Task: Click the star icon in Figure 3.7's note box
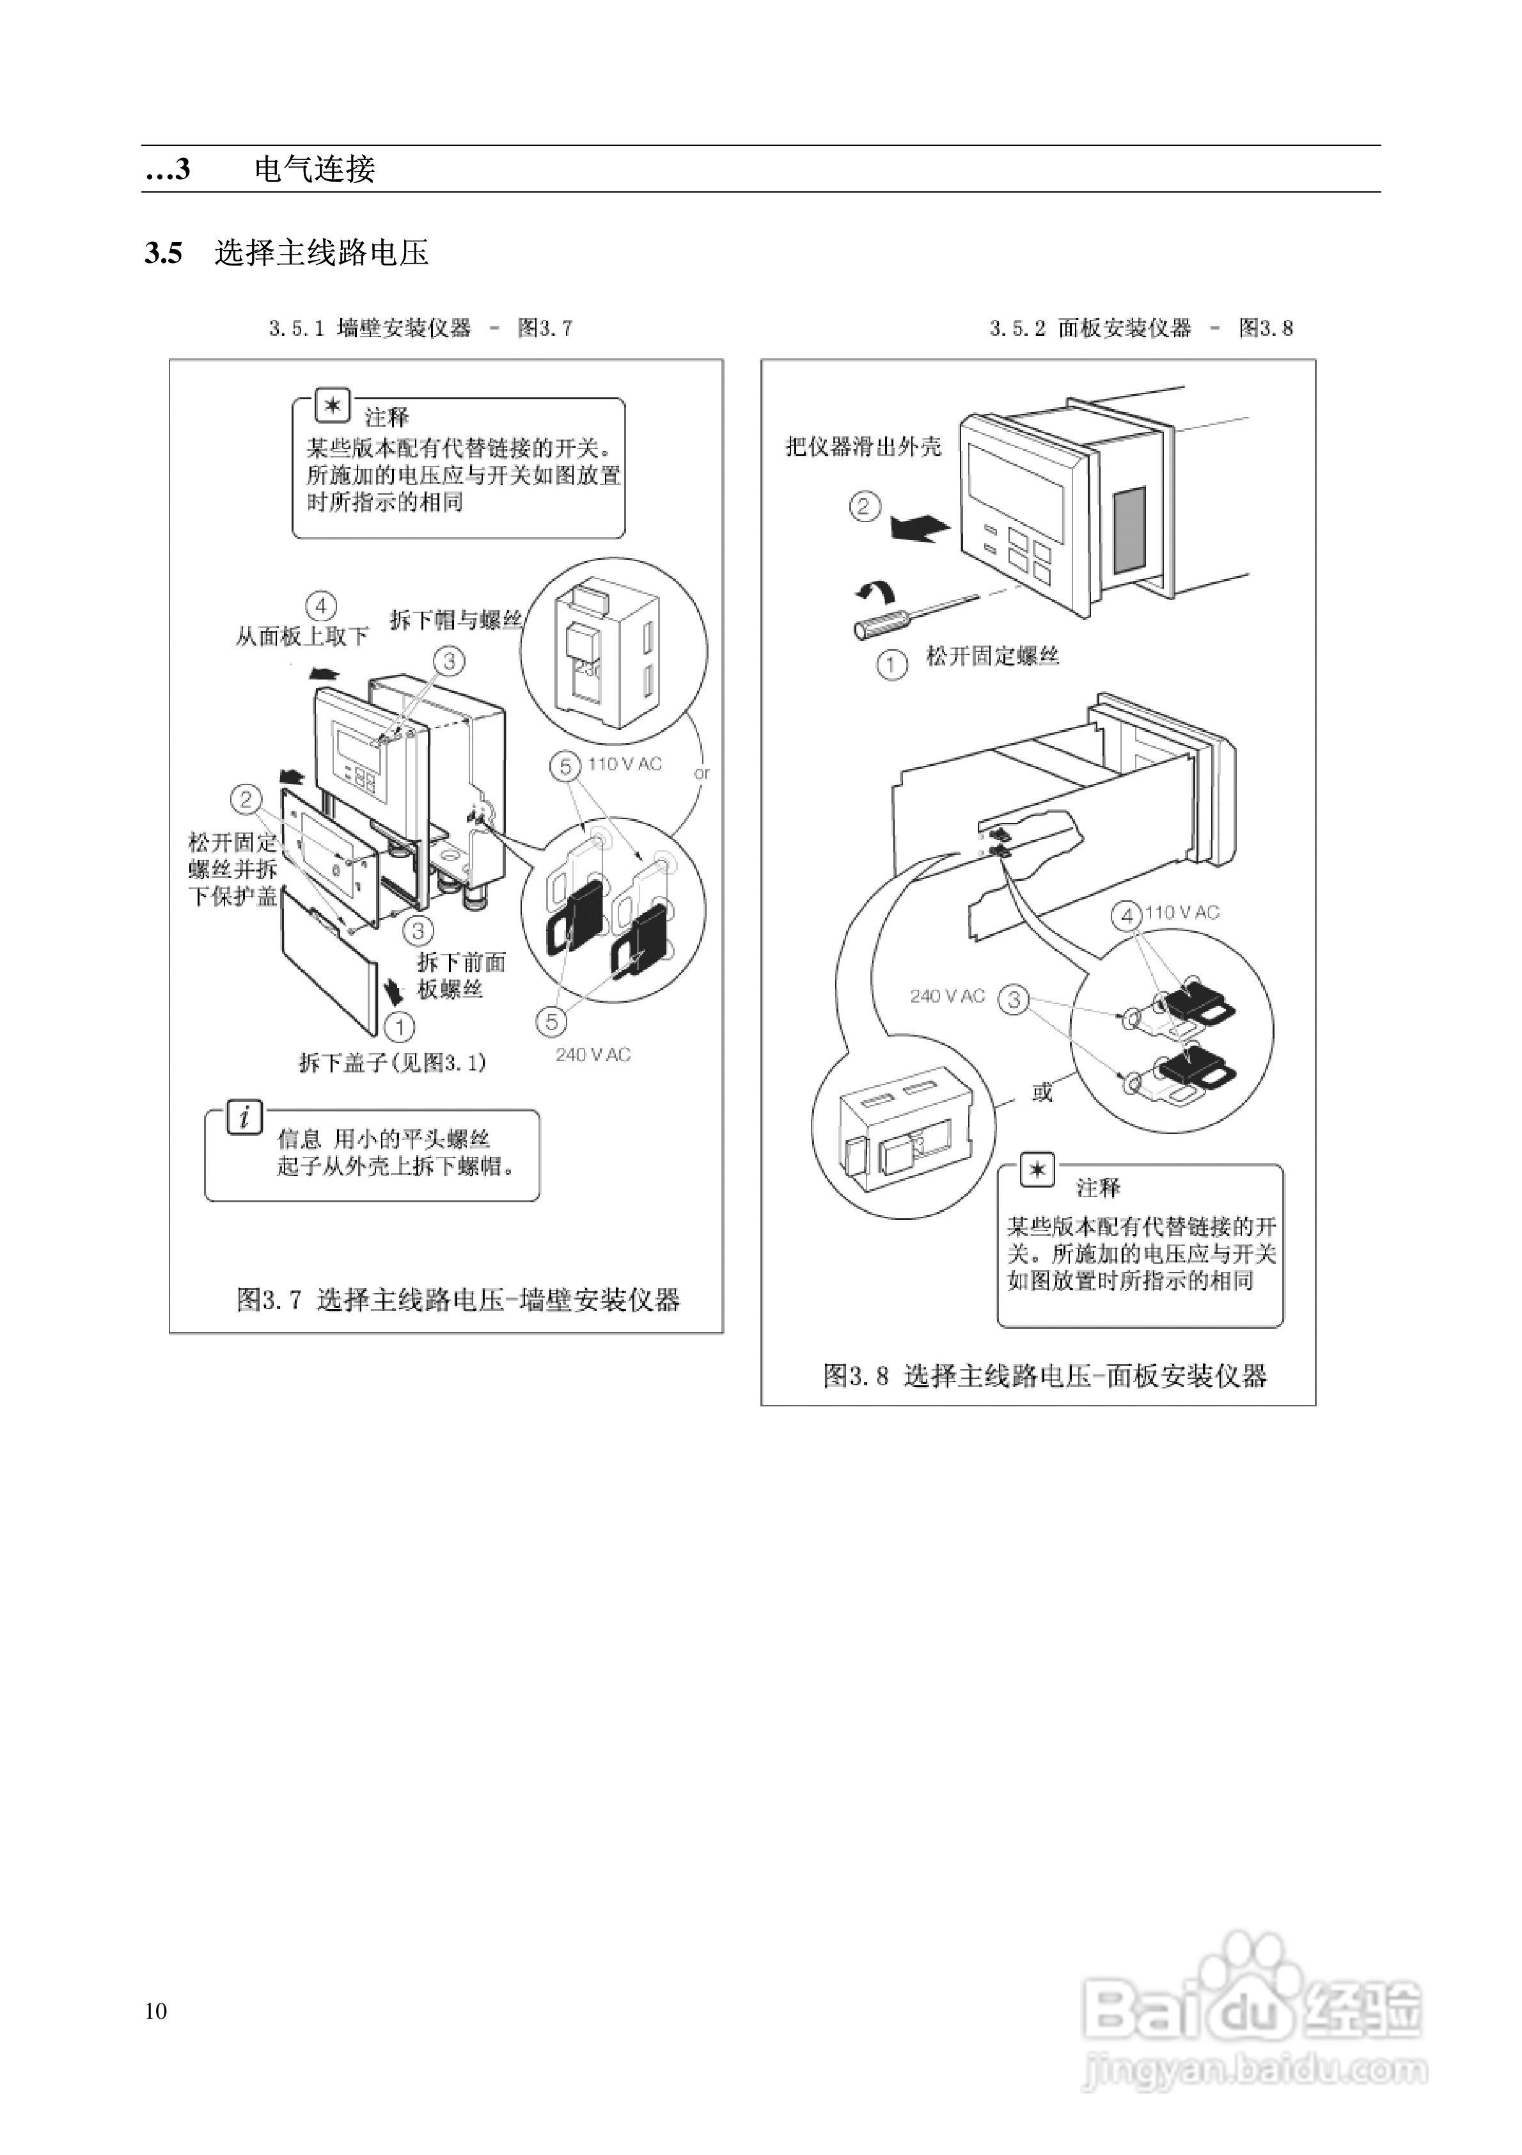point(332,406)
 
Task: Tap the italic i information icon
point(244,1117)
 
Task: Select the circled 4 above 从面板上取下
point(321,607)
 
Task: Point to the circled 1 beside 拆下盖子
point(400,1027)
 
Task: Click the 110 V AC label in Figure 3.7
point(625,764)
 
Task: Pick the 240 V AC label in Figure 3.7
point(593,1055)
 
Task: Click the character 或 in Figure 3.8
point(1042,1092)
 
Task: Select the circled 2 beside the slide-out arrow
point(864,507)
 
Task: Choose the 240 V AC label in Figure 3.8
point(948,996)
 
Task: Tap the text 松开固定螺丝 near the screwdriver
point(992,656)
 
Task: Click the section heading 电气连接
point(315,169)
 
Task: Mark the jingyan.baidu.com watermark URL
point(1255,2069)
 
